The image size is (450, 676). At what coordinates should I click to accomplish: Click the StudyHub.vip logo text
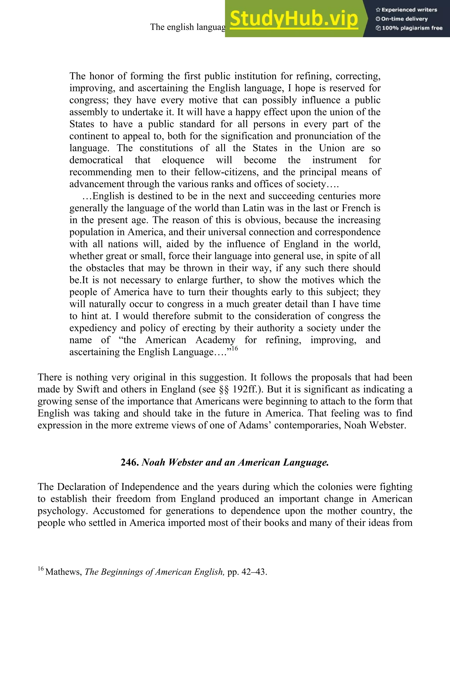click(x=294, y=19)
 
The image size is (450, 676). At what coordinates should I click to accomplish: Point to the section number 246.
click(x=130, y=462)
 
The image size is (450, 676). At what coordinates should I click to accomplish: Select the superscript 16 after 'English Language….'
click(x=235, y=349)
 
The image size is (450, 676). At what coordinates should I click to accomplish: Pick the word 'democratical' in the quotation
click(x=96, y=160)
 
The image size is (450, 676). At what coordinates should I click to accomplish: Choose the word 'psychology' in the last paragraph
click(x=62, y=511)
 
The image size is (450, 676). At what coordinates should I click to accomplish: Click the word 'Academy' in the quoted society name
click(x=215, y=340)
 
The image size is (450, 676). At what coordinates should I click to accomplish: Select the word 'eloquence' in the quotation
click(x=183, y=160)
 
